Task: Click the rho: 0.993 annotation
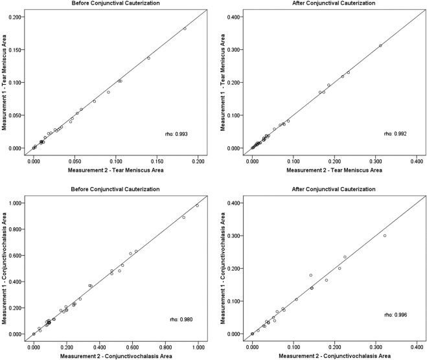pyautogui.click(x=176, y=134)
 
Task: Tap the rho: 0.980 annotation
pyautogui.click(x=176, y=320)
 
